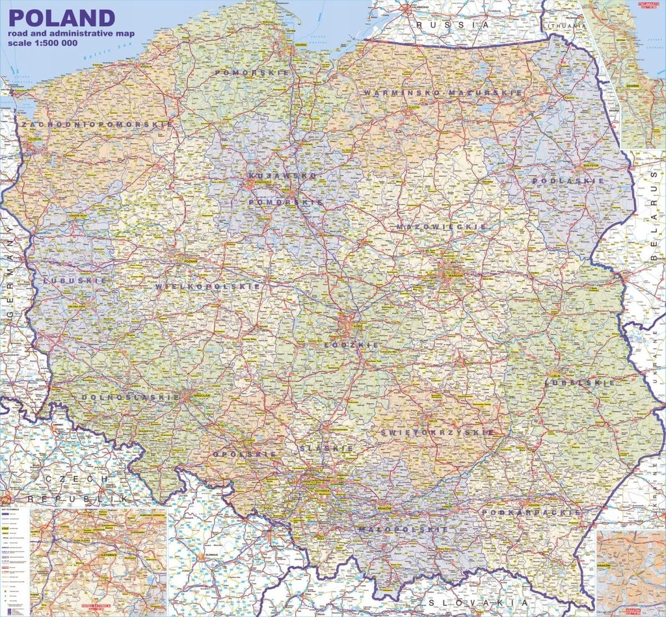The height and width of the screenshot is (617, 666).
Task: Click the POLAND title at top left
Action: (x=62, y=18)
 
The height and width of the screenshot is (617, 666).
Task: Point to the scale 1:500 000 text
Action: (x=43, y=42)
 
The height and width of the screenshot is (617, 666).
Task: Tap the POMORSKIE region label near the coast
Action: (x=252, y=73)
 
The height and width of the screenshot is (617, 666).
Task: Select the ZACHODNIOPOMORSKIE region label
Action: (x=96, y=124)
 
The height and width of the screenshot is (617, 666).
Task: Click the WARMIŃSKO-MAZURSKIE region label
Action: (x=443, y=93)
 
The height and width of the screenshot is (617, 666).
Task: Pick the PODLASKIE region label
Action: (x=565, y=181)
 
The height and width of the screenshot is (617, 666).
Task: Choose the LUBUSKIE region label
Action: (x=66, y=281)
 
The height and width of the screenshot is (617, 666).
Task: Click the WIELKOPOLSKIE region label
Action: (x=207, y=286)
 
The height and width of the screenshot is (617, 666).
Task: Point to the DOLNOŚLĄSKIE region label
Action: (x=131, y=397)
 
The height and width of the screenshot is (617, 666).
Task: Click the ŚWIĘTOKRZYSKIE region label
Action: (x=437, y=432)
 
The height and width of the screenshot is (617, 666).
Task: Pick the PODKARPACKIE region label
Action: (x=531, y=513)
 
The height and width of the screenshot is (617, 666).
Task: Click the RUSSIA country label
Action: (x=453, y=24)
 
